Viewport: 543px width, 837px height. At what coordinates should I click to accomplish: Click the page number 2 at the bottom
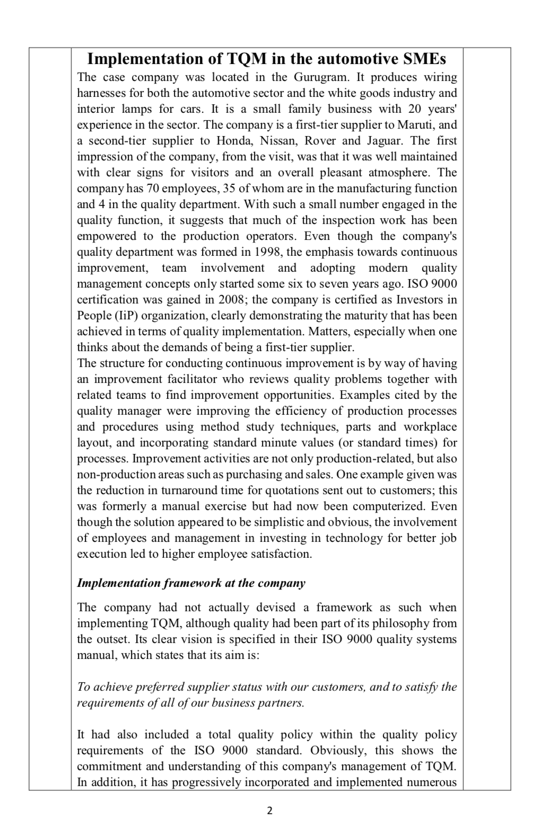[270, 811]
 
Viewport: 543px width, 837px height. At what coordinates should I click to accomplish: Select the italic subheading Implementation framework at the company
[191, 583]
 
